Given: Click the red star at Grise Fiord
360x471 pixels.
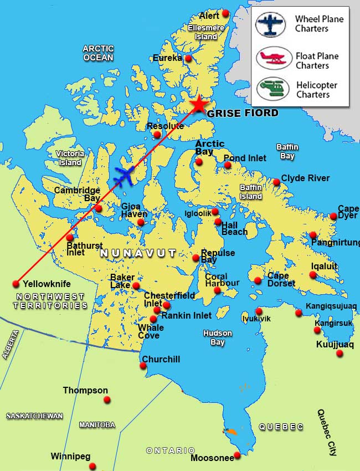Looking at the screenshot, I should pos(198,104).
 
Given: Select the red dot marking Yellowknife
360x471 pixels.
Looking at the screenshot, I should pos(16,284).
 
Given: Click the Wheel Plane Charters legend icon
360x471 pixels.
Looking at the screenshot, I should pos(270,25).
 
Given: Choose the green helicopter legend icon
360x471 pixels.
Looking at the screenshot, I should pos(272,89).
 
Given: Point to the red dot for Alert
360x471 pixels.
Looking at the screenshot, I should pos(225,14).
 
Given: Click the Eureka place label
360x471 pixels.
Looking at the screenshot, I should pos(168,58).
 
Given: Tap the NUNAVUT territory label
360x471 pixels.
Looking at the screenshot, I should pos(138,253).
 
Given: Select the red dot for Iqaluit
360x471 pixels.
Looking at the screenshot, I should pos(313,275).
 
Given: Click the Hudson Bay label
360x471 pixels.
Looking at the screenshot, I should pos(217,338).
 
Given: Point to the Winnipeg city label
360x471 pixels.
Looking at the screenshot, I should pos(70,457).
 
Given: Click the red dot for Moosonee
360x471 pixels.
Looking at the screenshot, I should pos(237,455).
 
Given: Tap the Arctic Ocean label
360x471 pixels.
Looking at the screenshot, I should pos(98,53).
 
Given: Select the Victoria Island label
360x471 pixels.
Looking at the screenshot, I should pos(70,158).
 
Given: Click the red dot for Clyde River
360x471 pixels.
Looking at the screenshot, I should pos(276,182).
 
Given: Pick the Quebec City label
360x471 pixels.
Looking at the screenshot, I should pos(326,432).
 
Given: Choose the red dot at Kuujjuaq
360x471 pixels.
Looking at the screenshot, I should pos(340,353).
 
